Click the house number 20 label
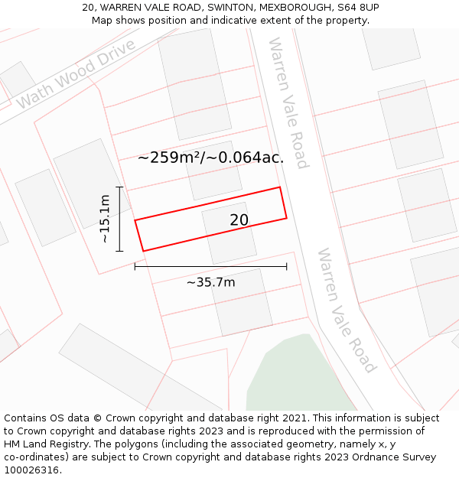coord(239,220)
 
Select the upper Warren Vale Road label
coord(288,102)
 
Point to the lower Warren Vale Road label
coord(347,310)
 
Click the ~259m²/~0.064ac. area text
coord(210,158)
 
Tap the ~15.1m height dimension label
coord(106,219)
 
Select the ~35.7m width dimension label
coord(210,282)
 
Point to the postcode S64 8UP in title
coord(356,8)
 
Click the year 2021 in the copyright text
coord(291,418)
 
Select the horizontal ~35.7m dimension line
coord(210,266)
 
